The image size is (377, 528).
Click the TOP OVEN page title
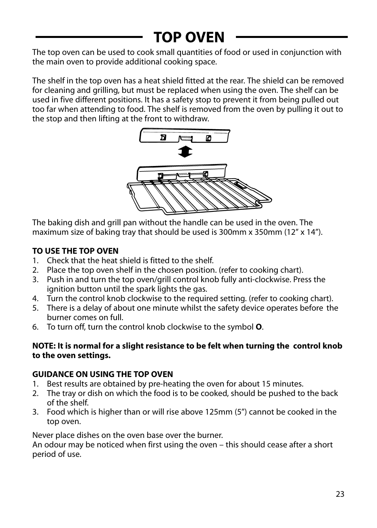(189, 37)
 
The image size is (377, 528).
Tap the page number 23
(340, 494)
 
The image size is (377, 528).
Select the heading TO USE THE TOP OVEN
(75, 251)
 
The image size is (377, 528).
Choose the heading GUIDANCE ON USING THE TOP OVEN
(103, 374)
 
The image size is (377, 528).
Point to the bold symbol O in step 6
(259, 327)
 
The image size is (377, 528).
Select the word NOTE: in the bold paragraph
(44, 346)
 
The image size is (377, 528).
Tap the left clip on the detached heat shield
(163, 138)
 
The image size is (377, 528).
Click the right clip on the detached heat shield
(209, 138)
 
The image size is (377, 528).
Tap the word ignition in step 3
(61, 289)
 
